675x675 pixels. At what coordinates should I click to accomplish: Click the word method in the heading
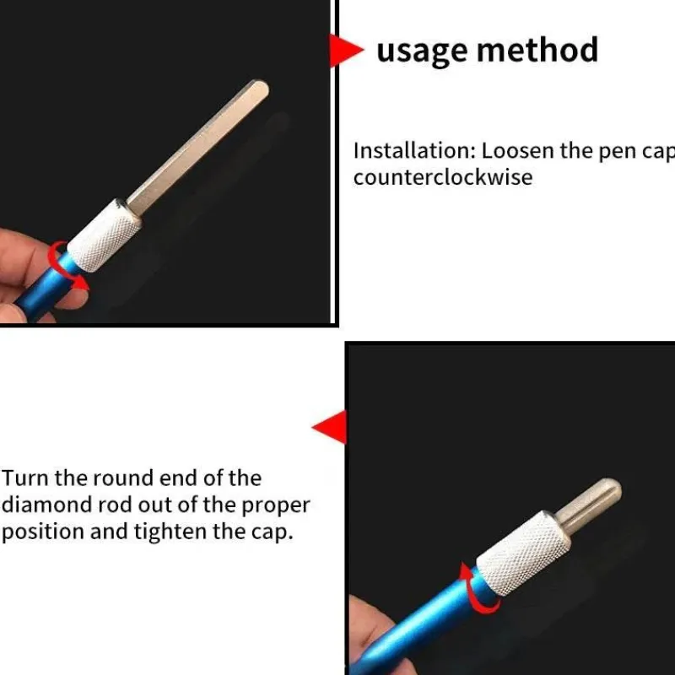[537, 50]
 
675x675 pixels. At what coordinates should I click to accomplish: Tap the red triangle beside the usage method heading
[346, 51]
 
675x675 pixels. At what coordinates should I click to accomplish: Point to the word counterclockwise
[443, 177]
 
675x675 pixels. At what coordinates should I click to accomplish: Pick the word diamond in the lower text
[46, 505]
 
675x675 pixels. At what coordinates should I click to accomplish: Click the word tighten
[171, 532]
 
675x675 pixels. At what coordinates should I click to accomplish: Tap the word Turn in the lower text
[25, 478]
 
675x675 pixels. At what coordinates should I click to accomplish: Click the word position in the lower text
[43, 532]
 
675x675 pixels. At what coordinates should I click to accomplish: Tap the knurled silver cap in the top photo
[105, 235]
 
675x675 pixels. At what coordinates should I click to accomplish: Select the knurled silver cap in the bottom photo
[523, 553]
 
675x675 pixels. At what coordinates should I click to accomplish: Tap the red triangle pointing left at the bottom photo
[329, 427]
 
